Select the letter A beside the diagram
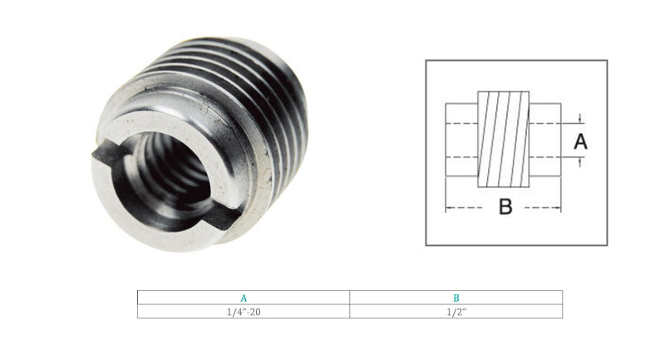[x=580, y=141]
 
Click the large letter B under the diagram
[x=505, y=207]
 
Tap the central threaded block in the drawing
[x=503, y=140]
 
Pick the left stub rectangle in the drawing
[x=461, y=140]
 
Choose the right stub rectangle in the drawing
[x=544, y=140]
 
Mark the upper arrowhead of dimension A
[x=579, y=121]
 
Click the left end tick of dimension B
[x=446, y=207]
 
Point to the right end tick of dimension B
[x=561, y=207]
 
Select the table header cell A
[x=244, y=298]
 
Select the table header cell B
[x=456, y=298]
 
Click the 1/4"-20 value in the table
[x=244, y=311]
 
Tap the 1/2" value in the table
[x=456, y=311]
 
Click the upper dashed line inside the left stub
[x=461, y=124]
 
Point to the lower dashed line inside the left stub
[x=461, y=156]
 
